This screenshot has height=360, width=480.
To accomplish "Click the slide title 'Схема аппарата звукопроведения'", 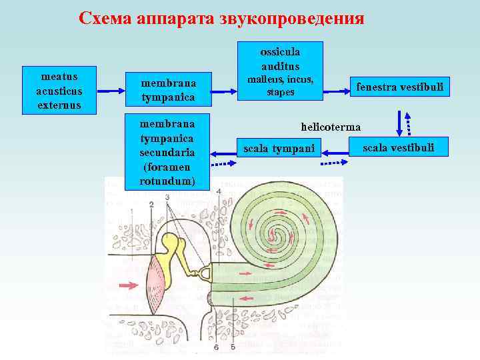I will pyautogui.click(x=221, y=18).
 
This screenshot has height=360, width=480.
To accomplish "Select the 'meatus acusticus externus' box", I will pyautogui.click(x=59, y=89).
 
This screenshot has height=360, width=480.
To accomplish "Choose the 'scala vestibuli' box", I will pyautogui.click(x=399, y=147).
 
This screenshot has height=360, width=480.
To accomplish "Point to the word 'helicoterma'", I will pyautogui.click(x=331, y=126).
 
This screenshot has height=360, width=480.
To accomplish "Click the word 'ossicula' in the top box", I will pyautogui.click(x=280, y=51).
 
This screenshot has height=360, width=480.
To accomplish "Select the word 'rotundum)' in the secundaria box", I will pyautogui.click(x=167, y=181).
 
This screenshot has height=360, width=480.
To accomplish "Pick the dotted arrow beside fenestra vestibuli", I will pyautogui.click(x=409, y=124).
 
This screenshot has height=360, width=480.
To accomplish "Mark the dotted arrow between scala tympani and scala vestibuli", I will pyautogui.click(x=333, y=162).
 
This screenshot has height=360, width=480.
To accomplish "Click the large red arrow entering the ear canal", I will pyautogui.click(x=126, y=285).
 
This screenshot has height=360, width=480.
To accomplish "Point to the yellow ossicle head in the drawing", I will pyautogui.click(x=175, y=244).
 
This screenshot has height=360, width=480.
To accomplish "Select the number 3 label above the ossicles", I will pyautogui.click(x=167, y=197).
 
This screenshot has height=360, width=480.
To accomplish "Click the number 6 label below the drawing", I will pyautogui.click(x=216, y=347).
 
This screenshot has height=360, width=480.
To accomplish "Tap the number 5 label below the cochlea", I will pyautogui.click(x=233, y=347).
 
